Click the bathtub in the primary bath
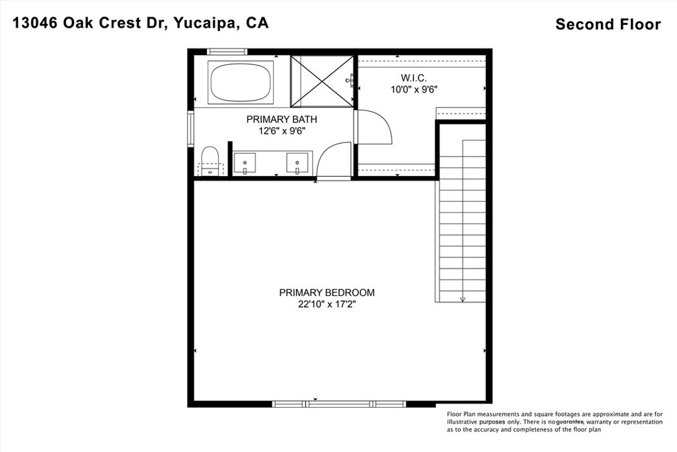[x=241, y=83]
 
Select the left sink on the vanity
[x=245, y=161]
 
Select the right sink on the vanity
[x=298, y=161]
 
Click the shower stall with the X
[x=322, y=81]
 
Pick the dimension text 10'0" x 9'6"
[x=415, y=89]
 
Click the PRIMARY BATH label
[x=282, y=120]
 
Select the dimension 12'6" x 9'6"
[x=282, y=131]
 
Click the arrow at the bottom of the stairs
[x=463, y=298]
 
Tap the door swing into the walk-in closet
[x=376, y=127]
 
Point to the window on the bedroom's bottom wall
[x=339, y=403]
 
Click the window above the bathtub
[x=227, y=52]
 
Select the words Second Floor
[x=608, y=24]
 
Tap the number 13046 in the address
[x=34, y=23]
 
